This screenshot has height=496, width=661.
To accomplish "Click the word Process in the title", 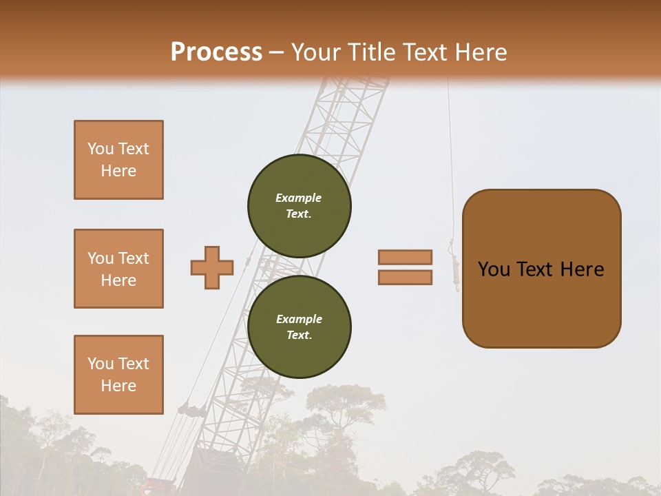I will pyautogui.click(x=216, y=52).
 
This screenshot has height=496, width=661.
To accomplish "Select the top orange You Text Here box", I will pyautogui.click(x=118, y=160).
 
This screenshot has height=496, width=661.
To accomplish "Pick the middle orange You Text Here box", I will pyautogui.click(x=118, y=269).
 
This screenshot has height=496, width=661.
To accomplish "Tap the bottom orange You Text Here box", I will pyautogui.click(x=118, y=375).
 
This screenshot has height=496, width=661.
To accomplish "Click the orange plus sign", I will pyautogui.click(x=212, y=267).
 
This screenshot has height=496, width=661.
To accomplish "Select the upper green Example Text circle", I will pyautogui.click(x=300, y=206).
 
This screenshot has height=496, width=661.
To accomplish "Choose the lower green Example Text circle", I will pyautogui.click(x=300, y=327).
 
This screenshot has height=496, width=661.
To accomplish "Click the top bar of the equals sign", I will pyautogui.click(x=406, y=257).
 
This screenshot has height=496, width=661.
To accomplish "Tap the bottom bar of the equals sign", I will pyautogui.click(x=406, y=277).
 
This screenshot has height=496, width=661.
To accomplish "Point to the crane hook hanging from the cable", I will pyautogui.click(x=454, y=265).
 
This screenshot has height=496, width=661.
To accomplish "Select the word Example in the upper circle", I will pyautogui.click(x=298, y=198).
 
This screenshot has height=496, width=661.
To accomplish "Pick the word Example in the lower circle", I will pyautogui.click(x=299, y=319).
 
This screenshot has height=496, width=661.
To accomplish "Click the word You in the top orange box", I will pyautogui.click(x=101, y=149).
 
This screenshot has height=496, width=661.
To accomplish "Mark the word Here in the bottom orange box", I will pyautogui.click(x=118, y=386).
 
